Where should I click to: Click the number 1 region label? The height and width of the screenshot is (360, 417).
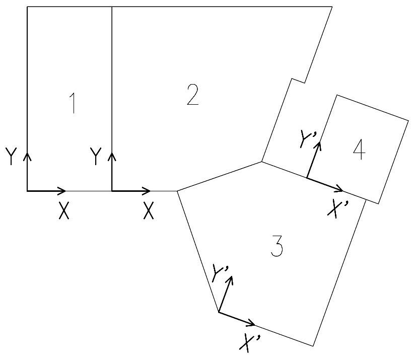coord(74,103)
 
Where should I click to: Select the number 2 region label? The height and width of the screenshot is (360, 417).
coord(192,95)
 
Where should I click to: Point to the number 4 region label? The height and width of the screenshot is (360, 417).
coord(358,151)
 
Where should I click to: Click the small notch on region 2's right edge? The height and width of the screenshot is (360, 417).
coord(298,81)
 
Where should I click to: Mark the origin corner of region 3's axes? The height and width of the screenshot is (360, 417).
coord(219,312)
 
